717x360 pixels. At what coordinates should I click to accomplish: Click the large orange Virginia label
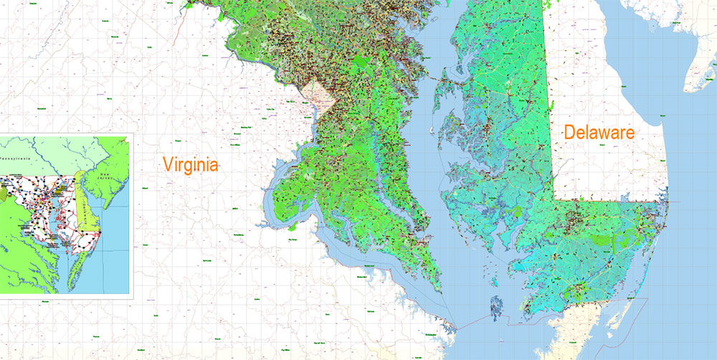pyautogui.click(x=189, y=164)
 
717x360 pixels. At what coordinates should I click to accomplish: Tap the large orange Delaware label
pyautogui.click(x=600, y=132)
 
